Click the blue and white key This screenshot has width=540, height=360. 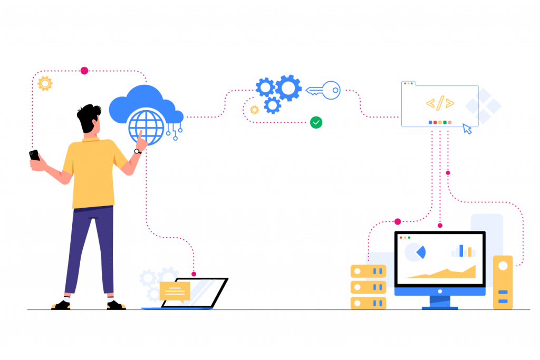point(324,90)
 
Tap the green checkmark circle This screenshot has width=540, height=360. point(316,122)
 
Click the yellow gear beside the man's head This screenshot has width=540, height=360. point(45,83)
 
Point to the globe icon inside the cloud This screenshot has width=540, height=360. point(146,127)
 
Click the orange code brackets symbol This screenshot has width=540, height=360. point(440,103)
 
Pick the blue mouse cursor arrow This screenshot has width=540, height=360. point(467,129)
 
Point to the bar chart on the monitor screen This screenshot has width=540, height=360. point(464,251)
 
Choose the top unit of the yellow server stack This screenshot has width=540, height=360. point(368,271)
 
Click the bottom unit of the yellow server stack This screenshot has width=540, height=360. point(368,303)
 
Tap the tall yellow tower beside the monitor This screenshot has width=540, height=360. point(503,282)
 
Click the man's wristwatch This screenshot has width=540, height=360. point(137,151)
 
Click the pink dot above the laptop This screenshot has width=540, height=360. point(194,274)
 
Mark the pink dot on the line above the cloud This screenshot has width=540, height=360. point(84,71)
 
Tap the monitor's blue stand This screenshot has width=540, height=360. point(440,302)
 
